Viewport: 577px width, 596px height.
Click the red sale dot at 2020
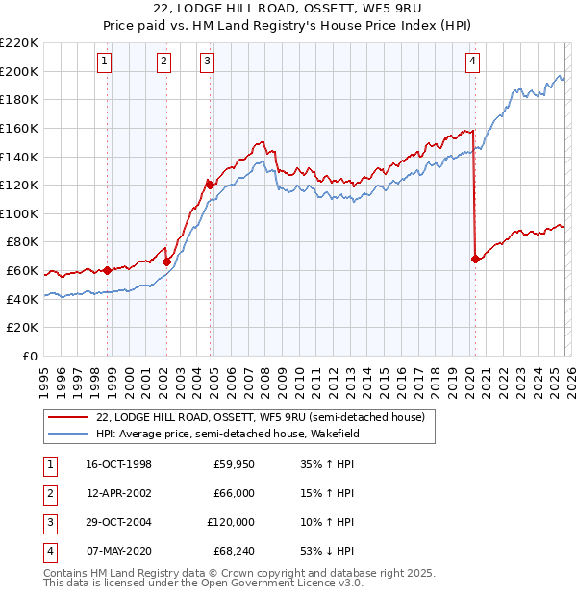[475, 259]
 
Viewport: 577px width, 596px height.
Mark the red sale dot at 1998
[107, 271]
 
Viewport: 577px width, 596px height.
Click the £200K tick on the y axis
[20, 71]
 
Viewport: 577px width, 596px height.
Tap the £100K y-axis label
[20, 213]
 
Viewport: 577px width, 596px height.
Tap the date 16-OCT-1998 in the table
[118, 465]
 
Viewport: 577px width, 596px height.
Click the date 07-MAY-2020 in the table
[118, 552]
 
